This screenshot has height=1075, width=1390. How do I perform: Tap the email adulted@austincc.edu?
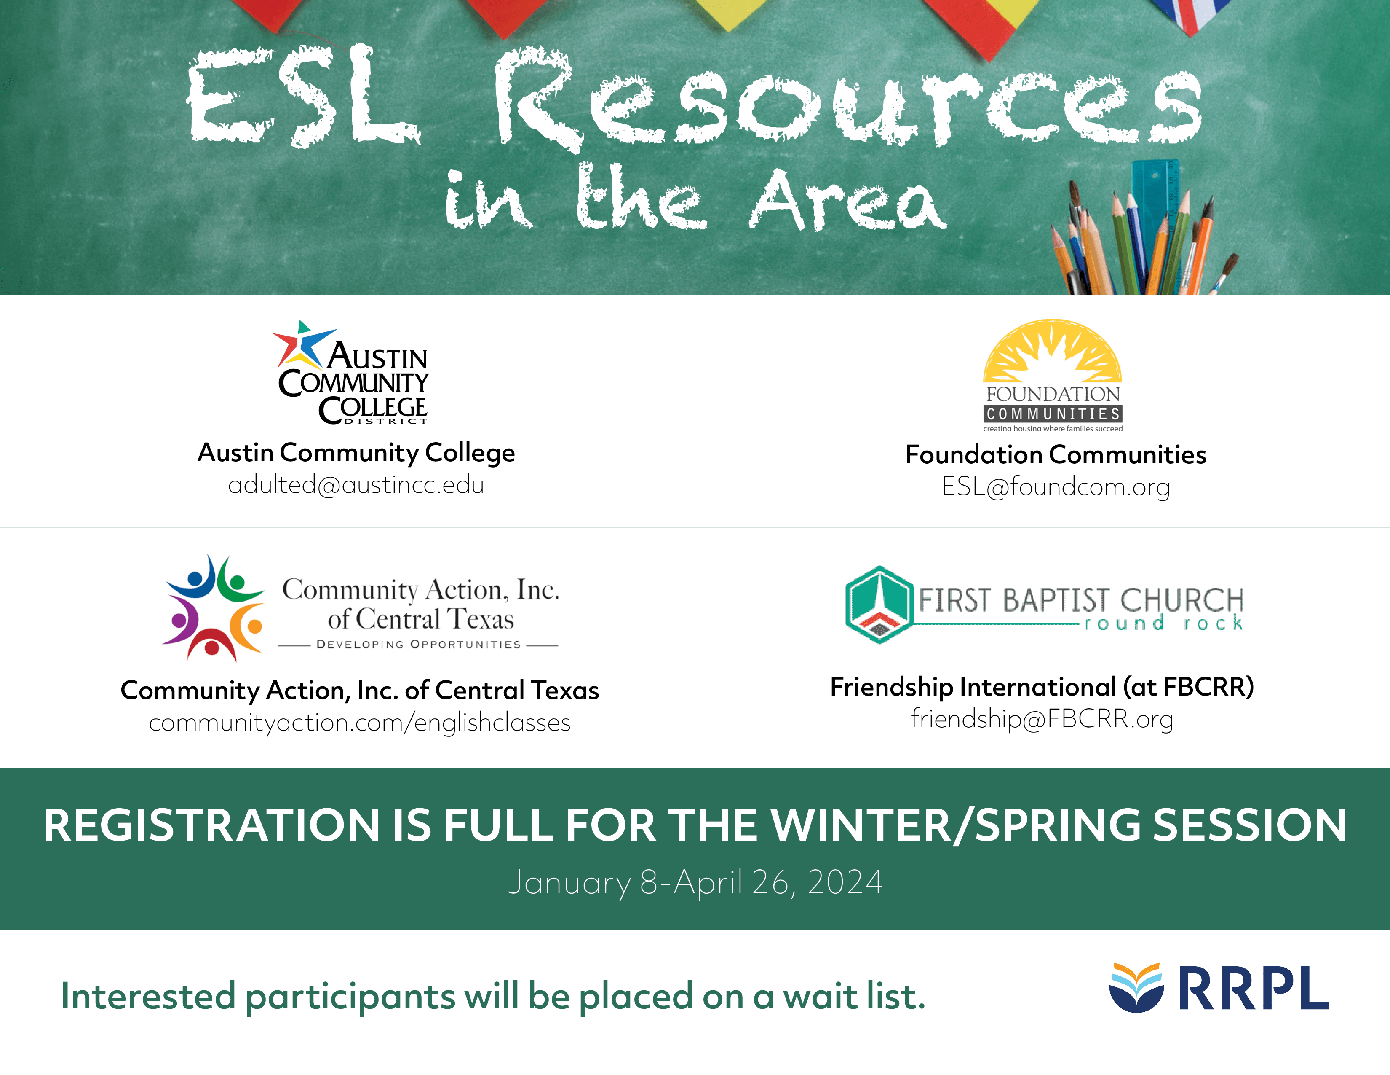[356, 485]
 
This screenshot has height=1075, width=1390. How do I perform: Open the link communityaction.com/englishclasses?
[360, 723]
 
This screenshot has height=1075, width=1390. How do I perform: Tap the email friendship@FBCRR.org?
[1042, 719]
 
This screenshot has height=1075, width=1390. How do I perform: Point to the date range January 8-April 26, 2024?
[695, 883]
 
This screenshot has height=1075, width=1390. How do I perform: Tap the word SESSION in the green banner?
[1250, 825]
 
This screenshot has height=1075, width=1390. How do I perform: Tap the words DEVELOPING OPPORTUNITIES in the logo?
[419, 645]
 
